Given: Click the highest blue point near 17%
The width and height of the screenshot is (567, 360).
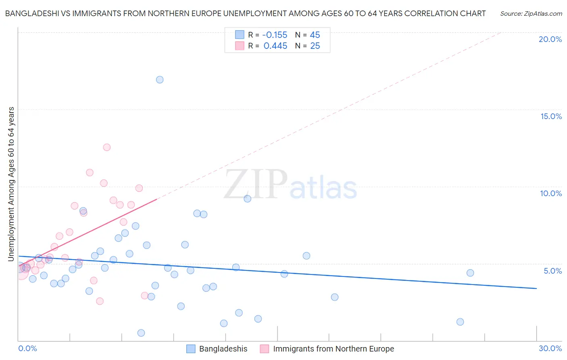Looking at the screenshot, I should pyautogui.click(x=160, y=80).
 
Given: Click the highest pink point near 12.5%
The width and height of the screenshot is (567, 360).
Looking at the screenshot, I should pyautogui.click(x=107, y=147).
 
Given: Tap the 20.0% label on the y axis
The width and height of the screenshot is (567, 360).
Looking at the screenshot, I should pyautogui.click(x=550, y=39).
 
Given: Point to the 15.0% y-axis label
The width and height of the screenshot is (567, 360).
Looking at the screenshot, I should pyautogui.click(x=551, y=116).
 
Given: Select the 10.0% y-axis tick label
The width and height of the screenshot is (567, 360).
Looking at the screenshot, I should pyautogui.click(x=551, y=193).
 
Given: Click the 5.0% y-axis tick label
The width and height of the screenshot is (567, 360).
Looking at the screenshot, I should pyautogui.click(x=552, y=271).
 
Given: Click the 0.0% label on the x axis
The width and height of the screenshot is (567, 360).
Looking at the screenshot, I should pyautogui.click(x=27, y=348).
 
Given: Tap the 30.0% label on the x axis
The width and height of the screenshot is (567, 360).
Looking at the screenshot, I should pyautogui.click(x=550, y=348).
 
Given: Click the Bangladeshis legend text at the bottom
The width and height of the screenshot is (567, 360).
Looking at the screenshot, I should pyautogui.click(x=223, y=349).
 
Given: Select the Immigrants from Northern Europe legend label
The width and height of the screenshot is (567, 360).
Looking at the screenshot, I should pyautogui.click(x=333, y=349).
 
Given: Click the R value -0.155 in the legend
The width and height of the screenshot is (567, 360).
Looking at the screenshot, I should pyautogui.click(x=275, y=35).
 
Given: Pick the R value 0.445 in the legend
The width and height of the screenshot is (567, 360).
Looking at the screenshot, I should pyautogui.click(x=275, y=46).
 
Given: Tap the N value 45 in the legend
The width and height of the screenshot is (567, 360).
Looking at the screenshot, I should pyautogui.click(x=315, y=35).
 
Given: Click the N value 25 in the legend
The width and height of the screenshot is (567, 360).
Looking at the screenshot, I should pyautogui.click(x=315, y=46).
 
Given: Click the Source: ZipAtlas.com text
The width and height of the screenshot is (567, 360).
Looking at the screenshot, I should pyautogui.click(x=531, y=14).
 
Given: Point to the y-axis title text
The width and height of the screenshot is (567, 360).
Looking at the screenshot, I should pyautogui.click(x=11, y=184).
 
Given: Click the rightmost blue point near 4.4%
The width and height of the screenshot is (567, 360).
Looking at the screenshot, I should pyautogui.click(x=470, y=273).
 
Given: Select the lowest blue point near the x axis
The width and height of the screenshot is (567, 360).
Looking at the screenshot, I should pyautogui.click(x=141, y=333).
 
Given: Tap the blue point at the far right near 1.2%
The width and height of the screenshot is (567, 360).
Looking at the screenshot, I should pyautogui.click(x=460, y=322).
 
